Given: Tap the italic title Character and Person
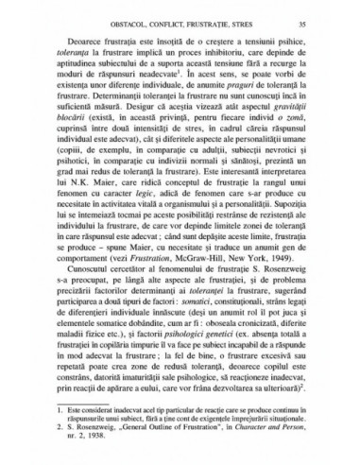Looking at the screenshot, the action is click(x=286, y=437).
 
